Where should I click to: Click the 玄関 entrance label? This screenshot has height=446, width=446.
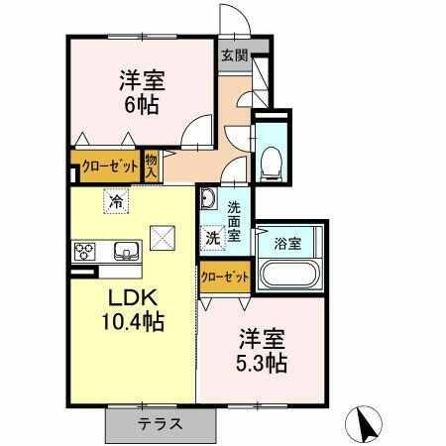(233, 56)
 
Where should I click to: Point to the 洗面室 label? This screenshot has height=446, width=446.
(235, 221)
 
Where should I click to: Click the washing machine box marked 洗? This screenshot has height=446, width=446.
(213, 238)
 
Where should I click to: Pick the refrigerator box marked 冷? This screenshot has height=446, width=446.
(117, 202)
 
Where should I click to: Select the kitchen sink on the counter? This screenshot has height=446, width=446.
(126, 250)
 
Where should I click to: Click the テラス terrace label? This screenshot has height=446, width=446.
(158, 423)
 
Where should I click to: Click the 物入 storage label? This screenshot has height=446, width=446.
(152, 165)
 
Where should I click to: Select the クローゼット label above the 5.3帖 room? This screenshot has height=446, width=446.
(225, 278)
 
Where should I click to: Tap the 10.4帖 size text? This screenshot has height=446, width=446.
(131, 321)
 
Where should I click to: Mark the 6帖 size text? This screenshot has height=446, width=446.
(141, 106)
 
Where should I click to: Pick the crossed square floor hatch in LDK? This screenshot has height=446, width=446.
(161, 238)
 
